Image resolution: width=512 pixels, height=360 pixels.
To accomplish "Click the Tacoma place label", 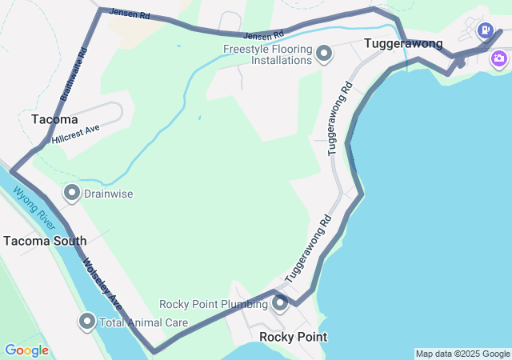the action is (x=54, y=119).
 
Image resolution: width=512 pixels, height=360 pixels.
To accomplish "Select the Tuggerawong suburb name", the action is (x=403, y=43).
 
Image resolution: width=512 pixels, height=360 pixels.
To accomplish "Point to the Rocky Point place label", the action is (x=293, y=337).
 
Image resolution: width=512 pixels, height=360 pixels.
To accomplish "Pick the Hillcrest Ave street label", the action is (x=75, y=134).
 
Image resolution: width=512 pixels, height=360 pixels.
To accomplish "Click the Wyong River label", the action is (x=32, y=207).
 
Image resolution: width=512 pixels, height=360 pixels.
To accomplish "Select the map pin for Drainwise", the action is (x=72, y=193).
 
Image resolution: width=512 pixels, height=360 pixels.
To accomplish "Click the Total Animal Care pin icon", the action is (x=87, y=322).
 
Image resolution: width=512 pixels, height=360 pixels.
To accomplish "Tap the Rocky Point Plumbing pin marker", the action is (x=280, y=303).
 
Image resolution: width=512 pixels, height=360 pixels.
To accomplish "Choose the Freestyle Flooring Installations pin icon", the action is (x=324, y=54).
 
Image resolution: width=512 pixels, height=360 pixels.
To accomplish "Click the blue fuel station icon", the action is (x=484, y=31).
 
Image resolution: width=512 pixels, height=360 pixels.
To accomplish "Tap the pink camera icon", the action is (x=499, y=58).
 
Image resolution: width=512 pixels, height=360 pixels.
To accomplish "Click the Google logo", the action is (x=26, y=350).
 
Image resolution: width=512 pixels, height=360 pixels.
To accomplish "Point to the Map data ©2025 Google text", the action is (x=462, y=354).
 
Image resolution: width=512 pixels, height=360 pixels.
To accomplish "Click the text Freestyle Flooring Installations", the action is (x=267, y=54).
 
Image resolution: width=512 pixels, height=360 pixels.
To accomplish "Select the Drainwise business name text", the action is (x=108, y=194).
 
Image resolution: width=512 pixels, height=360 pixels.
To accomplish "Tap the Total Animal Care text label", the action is (x=143, y=323).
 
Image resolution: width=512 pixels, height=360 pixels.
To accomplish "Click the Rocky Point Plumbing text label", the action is (x=214, y=304).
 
